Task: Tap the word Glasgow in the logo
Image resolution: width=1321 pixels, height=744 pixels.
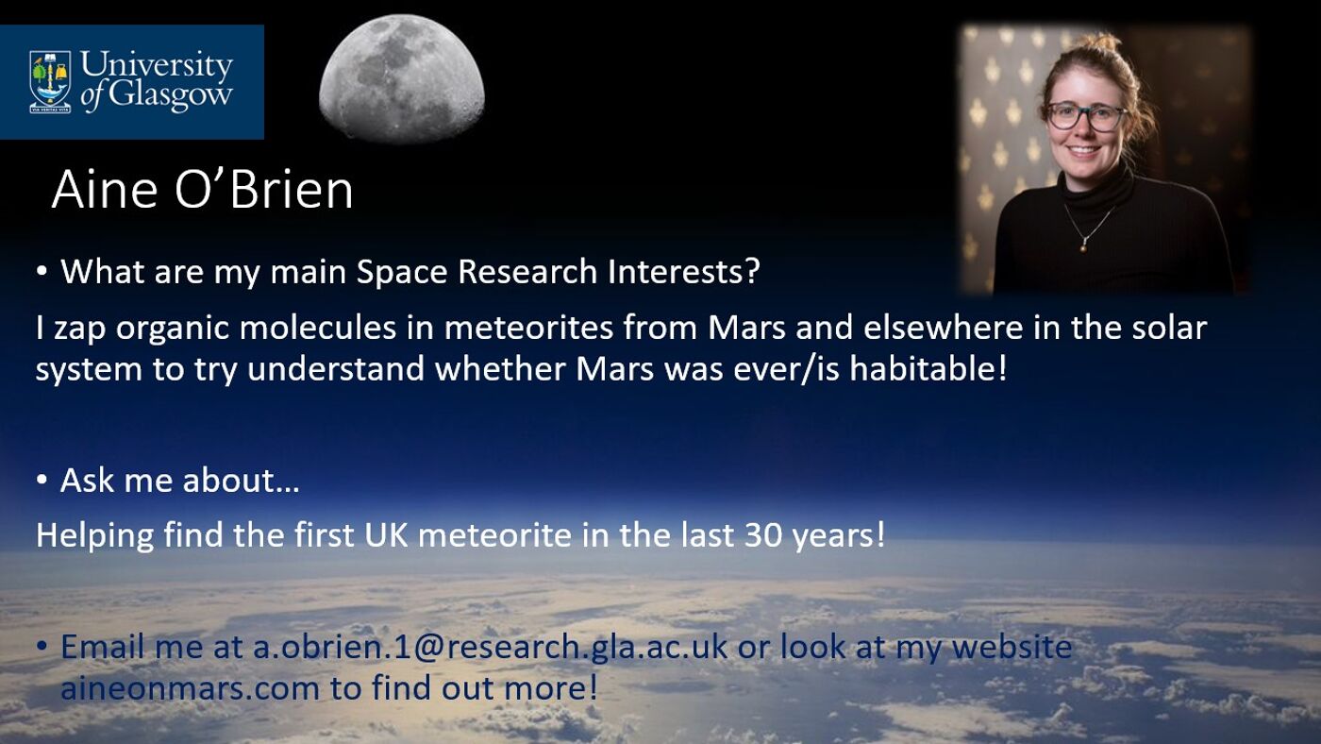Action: tap(169, 95)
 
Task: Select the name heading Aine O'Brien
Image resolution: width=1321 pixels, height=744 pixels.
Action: tap(202, 190)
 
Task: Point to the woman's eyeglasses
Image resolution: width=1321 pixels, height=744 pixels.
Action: tap(1086, 116)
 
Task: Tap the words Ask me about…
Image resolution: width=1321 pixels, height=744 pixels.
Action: tap(179, 481)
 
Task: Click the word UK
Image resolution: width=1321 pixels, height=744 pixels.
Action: tap(387, 534)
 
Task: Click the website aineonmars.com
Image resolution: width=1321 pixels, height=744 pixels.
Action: tap(190, 687)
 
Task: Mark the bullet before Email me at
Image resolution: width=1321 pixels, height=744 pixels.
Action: tap(42, 647)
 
